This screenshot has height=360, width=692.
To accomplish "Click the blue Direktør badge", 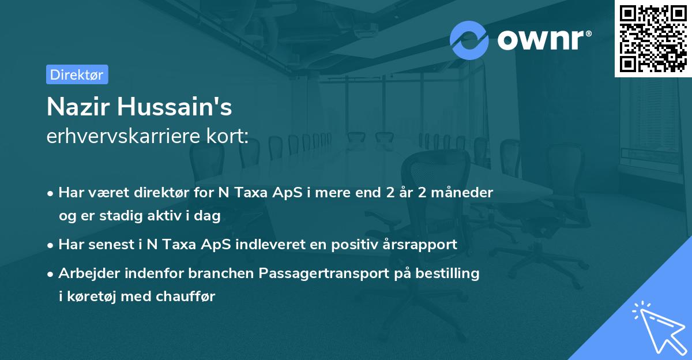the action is (x=77, y=74).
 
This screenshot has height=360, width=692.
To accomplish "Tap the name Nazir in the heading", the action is (x=78, y=107).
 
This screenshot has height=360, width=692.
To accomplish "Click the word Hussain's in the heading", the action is (x=175, y=107).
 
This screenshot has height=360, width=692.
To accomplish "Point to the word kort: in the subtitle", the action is (x=227, y=136).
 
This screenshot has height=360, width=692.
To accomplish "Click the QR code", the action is (x=653, y=38).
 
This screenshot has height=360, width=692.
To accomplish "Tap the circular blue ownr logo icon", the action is (x=469, y=40).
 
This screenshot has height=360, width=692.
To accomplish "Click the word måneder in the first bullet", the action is (x=462, y=192).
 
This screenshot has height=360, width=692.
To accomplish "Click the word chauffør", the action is (x=185, y=297).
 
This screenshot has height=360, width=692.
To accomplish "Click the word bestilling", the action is (x=447, y=273).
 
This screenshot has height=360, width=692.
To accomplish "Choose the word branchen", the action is (x=221, y=273).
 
